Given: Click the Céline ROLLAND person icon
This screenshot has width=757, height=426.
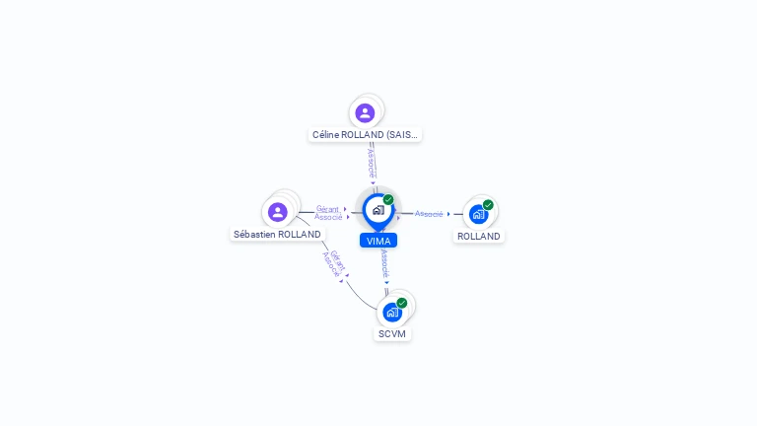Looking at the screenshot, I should tap(365, 112).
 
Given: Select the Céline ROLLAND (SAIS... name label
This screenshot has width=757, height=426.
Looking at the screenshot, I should tap(365, 134).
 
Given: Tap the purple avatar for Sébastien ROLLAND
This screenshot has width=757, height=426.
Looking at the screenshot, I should tap(278, 211).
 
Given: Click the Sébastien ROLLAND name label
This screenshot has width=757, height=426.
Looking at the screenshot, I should tap(277, 235).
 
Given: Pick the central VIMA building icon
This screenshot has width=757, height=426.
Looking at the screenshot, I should tap(378, 210).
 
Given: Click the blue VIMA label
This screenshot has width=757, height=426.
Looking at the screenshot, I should tap(378, 241).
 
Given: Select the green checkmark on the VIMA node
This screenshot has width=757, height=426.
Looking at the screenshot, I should tap(388, 200).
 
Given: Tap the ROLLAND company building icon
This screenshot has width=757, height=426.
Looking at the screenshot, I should tap(478, 214).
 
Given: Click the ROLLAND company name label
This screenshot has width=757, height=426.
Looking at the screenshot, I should tap(479, 237).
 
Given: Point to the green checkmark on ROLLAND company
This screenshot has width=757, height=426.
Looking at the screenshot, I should tap(488, 205).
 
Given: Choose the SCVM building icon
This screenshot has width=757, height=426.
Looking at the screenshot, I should tap(392, 313).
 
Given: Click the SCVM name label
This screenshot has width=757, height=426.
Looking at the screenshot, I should tap(392, 334).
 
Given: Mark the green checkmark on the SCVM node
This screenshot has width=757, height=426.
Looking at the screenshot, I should tap(401, 303).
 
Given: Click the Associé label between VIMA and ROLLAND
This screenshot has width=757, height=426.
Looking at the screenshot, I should tap(429, 214).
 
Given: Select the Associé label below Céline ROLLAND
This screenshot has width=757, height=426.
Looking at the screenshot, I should tap(371, 164).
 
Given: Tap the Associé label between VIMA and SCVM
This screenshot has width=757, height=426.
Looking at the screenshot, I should tap(384, 264).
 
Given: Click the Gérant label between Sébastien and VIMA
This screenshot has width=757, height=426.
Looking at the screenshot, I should tap(327, 208).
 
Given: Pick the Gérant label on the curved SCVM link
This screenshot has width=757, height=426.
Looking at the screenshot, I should tap(338, 258).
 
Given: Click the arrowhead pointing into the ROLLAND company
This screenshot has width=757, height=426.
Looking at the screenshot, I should tap(448, 214).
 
